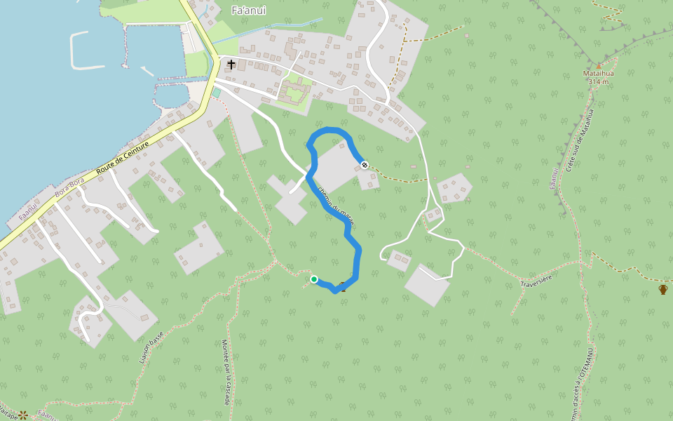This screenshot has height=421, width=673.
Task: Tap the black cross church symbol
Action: coord(231,64)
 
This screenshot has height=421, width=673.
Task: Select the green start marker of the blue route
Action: coord(314,279)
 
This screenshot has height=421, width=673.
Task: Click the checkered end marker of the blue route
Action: coord(365,165)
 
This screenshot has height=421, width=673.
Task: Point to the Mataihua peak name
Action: coord(598,73)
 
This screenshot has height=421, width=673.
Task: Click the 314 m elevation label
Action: coord(598,81)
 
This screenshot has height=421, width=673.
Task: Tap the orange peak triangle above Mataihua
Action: coord(598,65)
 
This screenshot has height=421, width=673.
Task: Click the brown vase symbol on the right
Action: coord(662,288)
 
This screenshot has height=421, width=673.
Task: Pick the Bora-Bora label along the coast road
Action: coord(69,192)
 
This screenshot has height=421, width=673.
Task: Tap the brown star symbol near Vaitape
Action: coord(23,415)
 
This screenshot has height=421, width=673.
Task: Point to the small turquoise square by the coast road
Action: coord(216,93)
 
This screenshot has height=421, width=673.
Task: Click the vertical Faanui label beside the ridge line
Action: coord(553,180)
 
